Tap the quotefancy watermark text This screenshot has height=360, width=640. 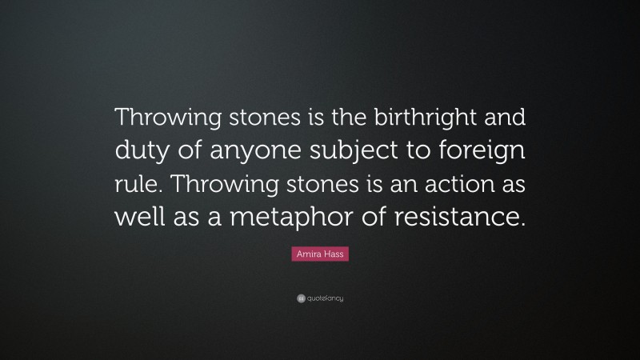pyautogui.click(x=325, y=298)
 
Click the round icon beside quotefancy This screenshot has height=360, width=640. pyautogui.click(x=300, y=298)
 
